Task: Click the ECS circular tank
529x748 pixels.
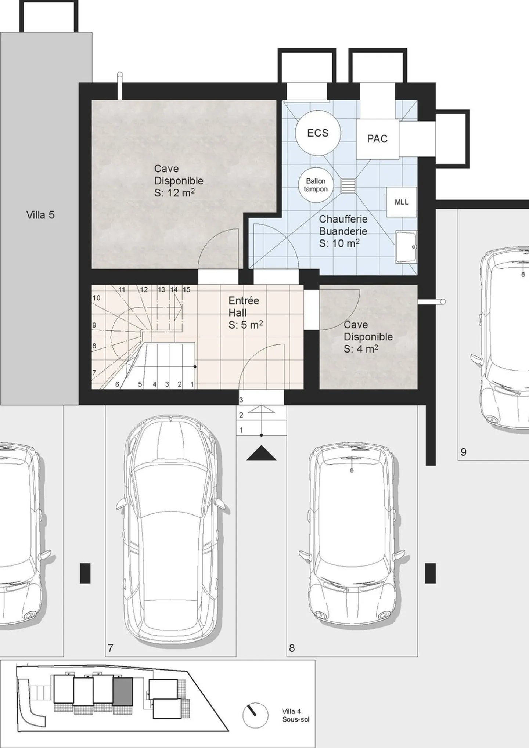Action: (x=318, y=133)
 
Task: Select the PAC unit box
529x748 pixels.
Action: (x=377, y=139)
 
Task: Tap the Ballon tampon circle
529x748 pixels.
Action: (x=316, y=185)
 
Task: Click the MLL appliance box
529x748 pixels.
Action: (x=401, y=202)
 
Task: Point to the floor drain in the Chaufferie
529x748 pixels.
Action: (x=348, y=185)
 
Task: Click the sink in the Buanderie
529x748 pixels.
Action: (x=406, y=247)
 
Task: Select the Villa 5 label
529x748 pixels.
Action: (x=40, y=215)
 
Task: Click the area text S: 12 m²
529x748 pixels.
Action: (x=174, y=193)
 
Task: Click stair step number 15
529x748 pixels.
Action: (x=186, y=290)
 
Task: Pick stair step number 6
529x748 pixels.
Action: (x=117, y=384)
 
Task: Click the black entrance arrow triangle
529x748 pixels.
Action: (x=261, y=454)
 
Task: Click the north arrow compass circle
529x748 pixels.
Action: (x=255, y=715)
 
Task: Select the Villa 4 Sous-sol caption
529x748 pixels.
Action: (x=295, y=715)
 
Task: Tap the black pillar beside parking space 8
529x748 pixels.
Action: (x=430, y=573)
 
